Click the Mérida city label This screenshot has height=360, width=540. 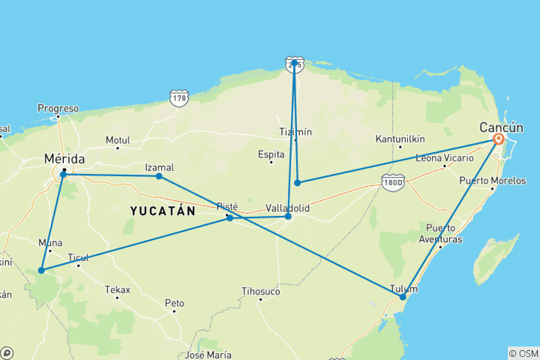[x=64, y=159]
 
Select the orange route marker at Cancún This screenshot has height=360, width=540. [x=499, y=139]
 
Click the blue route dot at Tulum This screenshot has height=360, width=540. [x=403, y=297]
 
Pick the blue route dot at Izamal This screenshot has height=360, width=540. [x=159, y=176]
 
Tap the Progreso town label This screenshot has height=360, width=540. [x=58, y=109]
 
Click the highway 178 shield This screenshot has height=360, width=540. [x=178, y=98]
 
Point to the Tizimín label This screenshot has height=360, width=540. [x=294, y=131]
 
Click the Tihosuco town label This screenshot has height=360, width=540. [x=261, y=291]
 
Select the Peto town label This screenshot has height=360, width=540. [x=174, y=303]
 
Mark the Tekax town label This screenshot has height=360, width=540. [x=117, y=289]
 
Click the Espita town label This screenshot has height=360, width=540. [x=271, y=154]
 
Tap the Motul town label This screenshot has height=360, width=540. [x=118, y=140]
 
